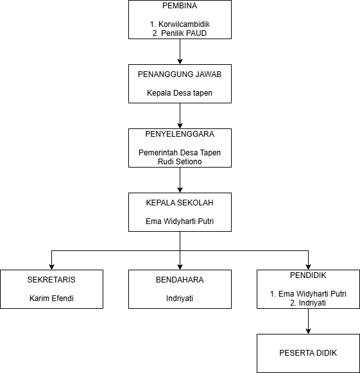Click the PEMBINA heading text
tap(180, 6)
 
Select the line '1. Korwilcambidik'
tap(180, 24)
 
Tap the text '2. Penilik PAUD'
tap(180, 33)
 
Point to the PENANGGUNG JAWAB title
tap(180, 74)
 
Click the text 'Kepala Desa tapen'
tap(180, 93)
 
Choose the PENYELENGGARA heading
tap(180, 134)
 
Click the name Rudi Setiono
tap(180, 162)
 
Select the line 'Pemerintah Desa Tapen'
tap(180, 153)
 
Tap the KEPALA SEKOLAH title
tap(180, 203)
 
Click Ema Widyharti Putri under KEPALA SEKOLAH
tap(180, 221)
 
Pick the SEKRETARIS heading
tap(51, 280)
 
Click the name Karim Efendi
tap(51, 299)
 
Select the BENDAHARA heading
tap(180, 280)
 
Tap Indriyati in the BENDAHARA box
tap(180, 299)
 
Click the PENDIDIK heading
tap(308, 275)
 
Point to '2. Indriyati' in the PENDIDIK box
tap(308, 303)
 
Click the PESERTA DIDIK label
tap(308, 353)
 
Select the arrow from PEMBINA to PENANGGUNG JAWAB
tap(180, 51)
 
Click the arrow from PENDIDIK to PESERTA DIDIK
tap(309, 322)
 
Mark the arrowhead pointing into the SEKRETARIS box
tap(51, 267)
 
